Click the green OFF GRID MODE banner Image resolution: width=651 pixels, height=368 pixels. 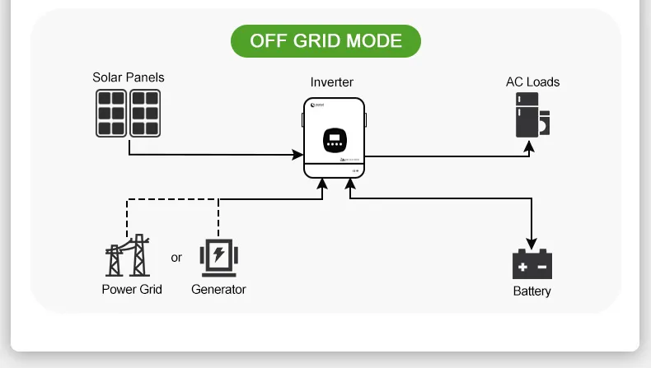click(x=325, y=40)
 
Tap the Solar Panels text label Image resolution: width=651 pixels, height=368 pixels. click(x=128, y=77)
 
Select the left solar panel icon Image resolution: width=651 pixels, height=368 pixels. click(x=111, y=114)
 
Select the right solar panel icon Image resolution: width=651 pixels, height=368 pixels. click(x=147, y=114)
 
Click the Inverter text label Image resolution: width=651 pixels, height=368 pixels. click(x=332, y=82)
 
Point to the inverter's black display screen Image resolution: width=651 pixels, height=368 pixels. click(x=334, y=137)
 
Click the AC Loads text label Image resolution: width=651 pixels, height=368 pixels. click(x=532, y=82)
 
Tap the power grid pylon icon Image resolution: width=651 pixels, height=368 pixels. click(x=129, y=255)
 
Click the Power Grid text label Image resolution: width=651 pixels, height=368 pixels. click(x=132, y=289)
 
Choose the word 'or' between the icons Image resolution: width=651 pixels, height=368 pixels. click(x=176, y=258)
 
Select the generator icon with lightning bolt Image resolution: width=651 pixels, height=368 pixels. click(x=218, y=256)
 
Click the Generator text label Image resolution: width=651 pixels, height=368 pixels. click(x=218, y=289)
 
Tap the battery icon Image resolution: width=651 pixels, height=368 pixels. click(x=532, y=266)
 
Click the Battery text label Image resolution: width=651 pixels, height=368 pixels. click(x=532, y=291)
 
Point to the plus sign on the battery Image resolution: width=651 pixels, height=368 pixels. click(x=523, y=267)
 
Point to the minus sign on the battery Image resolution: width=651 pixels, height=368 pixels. click(x=541, y=267)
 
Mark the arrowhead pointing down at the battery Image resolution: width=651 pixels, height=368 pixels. click(x=532, y=245)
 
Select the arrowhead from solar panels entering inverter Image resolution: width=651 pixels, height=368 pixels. click(x=300, y=154)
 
